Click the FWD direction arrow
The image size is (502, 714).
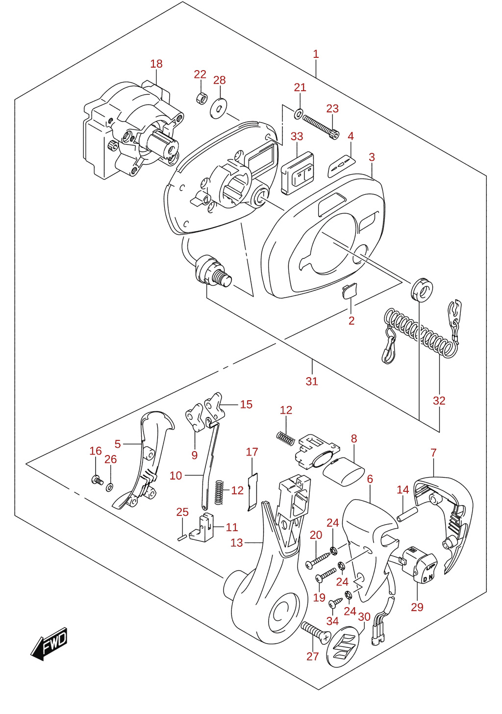click(49, 643)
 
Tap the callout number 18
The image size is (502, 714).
click(156, 64)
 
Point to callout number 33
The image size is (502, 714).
click(297, 136)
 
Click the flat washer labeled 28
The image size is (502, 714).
click(218, 109)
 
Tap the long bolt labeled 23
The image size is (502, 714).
click(320, 127)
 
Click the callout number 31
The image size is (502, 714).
click(312, 381)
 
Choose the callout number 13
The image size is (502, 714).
click(236, 542)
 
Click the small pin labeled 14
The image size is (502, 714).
click(407, 514)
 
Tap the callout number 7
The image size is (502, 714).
click(433, 453)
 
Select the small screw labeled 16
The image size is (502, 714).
click(97, 480)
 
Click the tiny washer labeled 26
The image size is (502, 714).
click(110, 487)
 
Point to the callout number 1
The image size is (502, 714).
click(316, 54)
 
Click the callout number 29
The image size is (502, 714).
click(417, 607)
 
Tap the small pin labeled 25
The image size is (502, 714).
click(182, 538)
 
